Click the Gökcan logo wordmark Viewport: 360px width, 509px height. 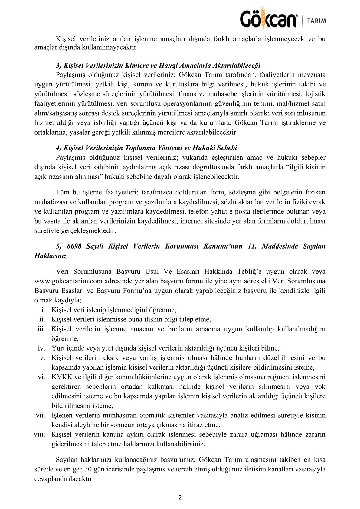pyautogui.click(x=268, y=19)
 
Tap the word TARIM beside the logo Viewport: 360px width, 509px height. pyautogui.click(x=316, y=21)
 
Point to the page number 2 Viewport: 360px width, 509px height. pyautogui.click(x=180, y=498)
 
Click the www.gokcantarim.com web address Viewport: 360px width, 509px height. pyautogui.click(x=68, y=281)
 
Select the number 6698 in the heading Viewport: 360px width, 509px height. pyautogui.click(x=74, y=246)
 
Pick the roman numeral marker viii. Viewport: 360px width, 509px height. pyautogui.click(x=40, y=435)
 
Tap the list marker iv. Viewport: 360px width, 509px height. pyautogui.click(x=41, y=348)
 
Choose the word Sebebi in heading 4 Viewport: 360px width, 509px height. pyautogui.click(x=227, y=148)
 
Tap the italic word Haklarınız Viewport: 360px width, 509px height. pyautogui.click(x=51, y=256)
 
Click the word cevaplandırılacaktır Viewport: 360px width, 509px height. pyautogui.click(x=64, y=479)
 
